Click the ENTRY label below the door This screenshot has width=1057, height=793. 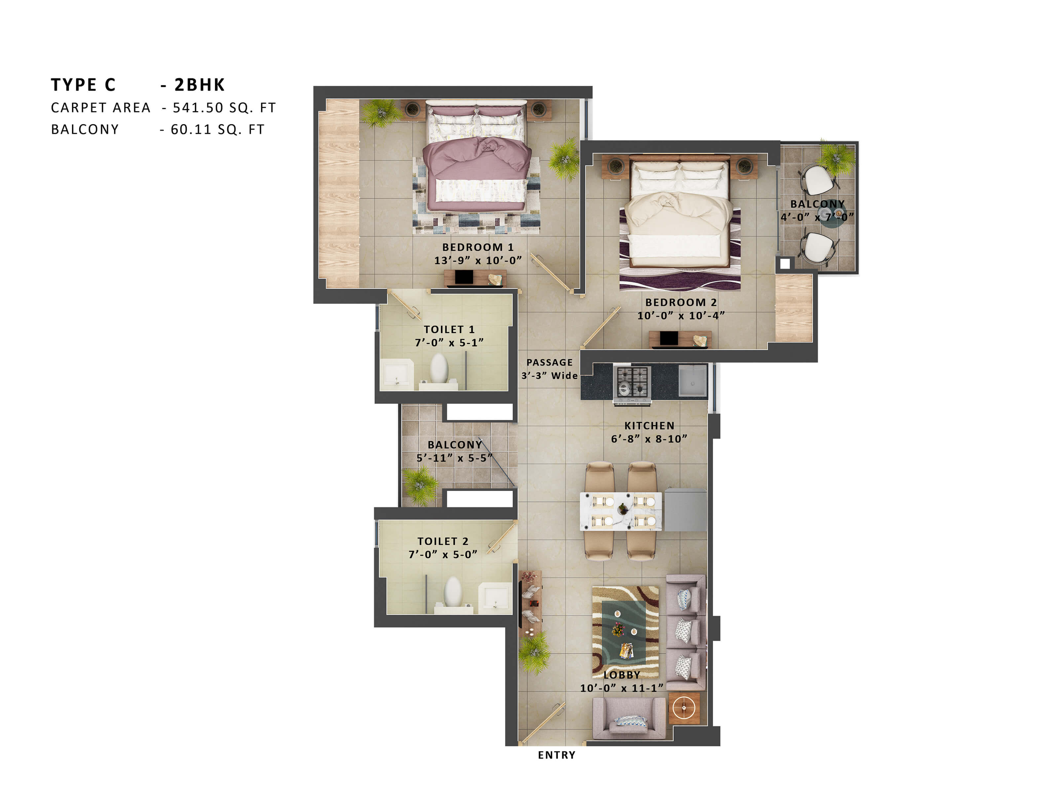point(556,755)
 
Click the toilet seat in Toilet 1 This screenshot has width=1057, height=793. point(439,368)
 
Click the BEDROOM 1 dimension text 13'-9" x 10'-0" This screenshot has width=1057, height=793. point(477,260)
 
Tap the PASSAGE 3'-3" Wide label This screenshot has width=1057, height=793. point(550,369)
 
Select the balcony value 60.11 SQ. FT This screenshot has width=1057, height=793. point(217,130)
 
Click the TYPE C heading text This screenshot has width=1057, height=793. point(83,85)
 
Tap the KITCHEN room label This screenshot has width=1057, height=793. point(649,426)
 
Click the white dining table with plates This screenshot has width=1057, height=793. point(621,511)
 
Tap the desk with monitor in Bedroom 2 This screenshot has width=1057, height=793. point(679,339)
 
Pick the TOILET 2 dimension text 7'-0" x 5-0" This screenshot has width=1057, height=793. point(443,554)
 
